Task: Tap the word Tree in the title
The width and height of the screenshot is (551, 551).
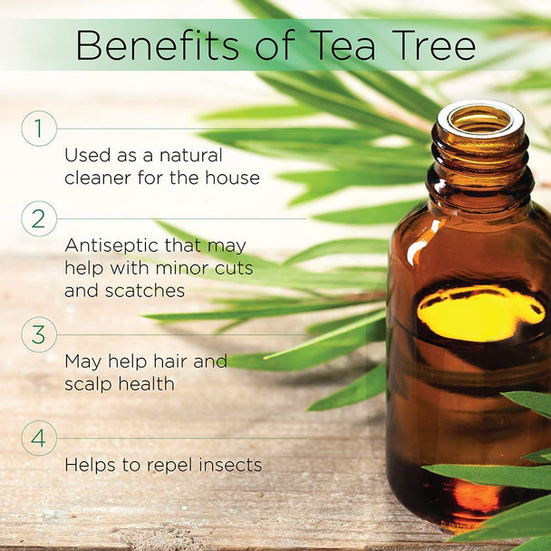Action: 434,45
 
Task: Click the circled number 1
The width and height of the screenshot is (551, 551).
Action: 39,129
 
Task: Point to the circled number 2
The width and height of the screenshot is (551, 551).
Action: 39,218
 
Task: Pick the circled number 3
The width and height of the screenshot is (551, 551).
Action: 39,334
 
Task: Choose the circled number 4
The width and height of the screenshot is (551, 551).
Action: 39,438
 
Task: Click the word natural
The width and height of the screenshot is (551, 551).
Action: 191,155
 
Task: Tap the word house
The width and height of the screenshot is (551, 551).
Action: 232,178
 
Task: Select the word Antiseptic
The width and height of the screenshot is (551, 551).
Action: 111,246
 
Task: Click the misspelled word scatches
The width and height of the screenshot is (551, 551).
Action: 145,291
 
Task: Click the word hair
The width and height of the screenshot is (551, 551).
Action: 165,361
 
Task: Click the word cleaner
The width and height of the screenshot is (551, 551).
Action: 98,178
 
